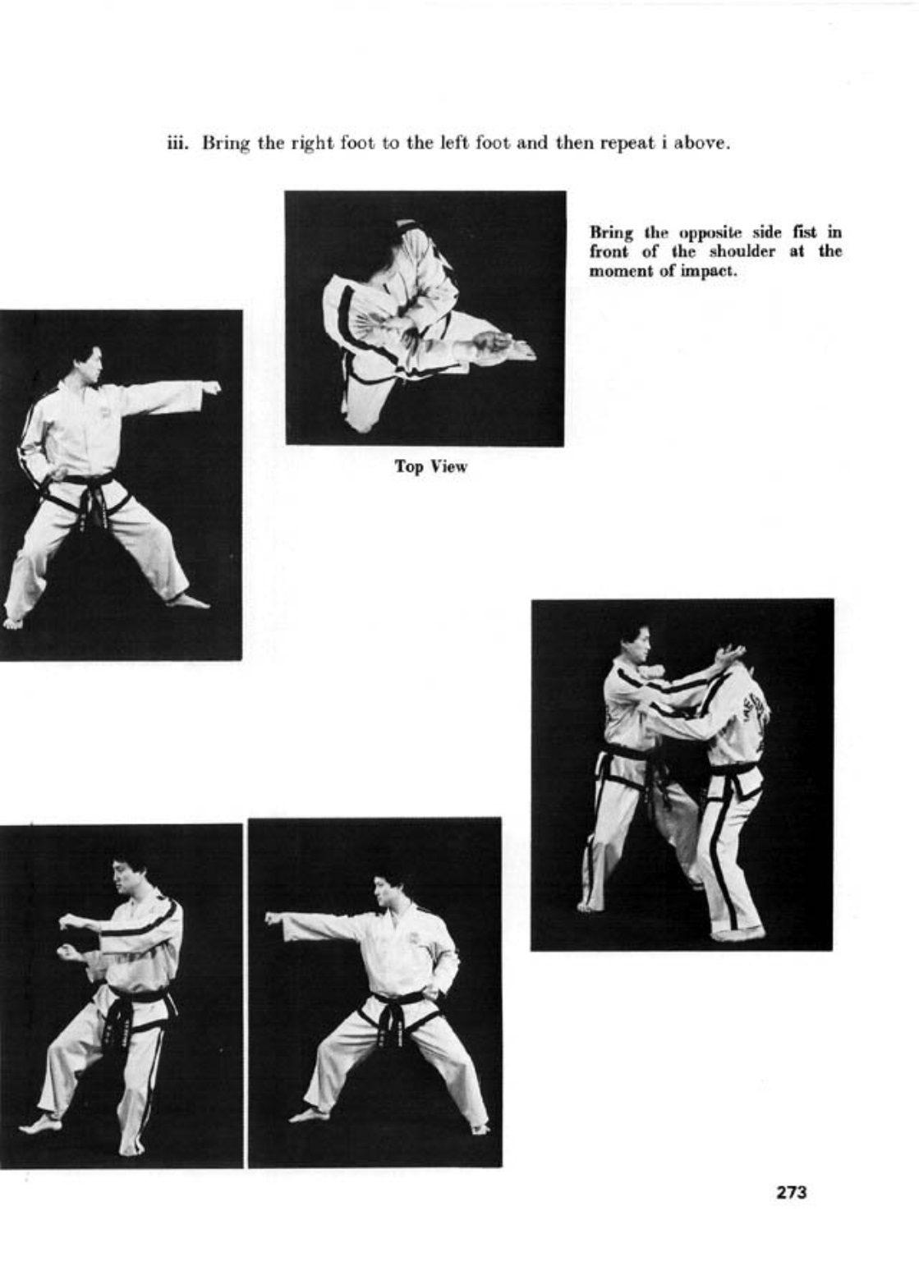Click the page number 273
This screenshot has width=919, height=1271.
pyautogui.click(x=791, y=1191)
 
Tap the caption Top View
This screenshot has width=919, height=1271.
pyautogui.click(x=430, y=467)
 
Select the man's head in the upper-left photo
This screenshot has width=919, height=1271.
pyautogui.click(x=89, y=361)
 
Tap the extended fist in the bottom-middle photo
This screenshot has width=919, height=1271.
pyautogui.click(x=272, y=917)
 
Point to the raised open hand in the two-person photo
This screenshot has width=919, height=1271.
pyautogui.click(x=729, y=654)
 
